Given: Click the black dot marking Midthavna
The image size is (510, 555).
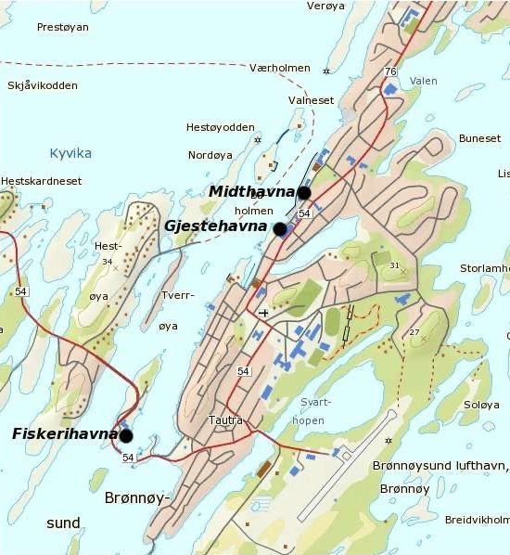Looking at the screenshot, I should click(302, 192).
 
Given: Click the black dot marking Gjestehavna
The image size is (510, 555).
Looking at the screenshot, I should click(280, 228).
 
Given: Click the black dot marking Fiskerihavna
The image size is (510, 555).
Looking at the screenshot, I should click(125, 434).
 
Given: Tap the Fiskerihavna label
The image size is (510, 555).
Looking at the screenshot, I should click(65, 433).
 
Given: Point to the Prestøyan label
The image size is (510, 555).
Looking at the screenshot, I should click(62, 28).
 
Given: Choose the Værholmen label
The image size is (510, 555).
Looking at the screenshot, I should click(278, 69).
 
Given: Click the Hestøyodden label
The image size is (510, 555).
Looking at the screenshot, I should click(220, 127).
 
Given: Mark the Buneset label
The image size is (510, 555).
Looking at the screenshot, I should click(479, 138).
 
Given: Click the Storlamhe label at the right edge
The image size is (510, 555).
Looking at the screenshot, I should click(485, 269).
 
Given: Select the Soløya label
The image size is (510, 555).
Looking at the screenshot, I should click(480, 405).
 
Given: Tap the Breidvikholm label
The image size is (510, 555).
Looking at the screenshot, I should click(477, 520).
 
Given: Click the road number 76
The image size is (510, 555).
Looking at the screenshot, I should click(390, 71).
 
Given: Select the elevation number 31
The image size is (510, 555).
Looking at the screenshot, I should click(394, 266).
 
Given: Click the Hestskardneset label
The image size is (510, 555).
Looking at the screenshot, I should click(41, 181).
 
